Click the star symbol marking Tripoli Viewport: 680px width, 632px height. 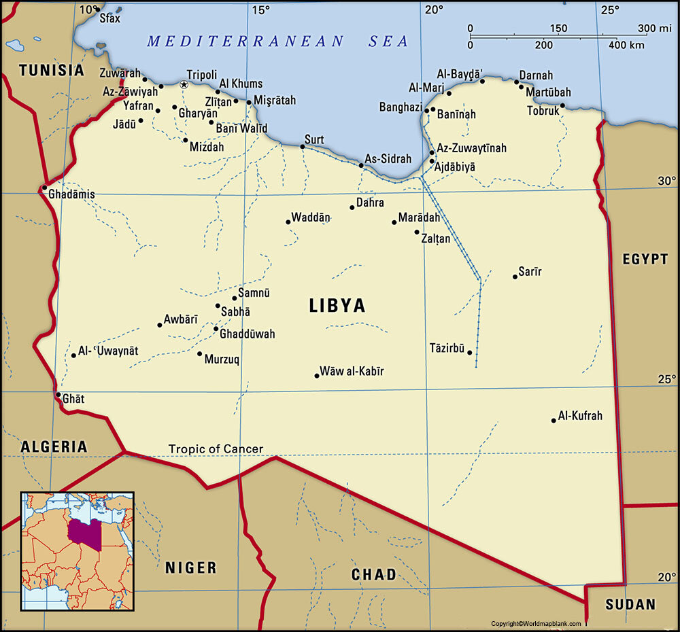(184, 84)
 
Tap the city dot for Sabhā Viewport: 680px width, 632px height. (218, 306)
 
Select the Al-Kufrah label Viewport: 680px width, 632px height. (580, 416)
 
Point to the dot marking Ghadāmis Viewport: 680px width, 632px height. (44, 188)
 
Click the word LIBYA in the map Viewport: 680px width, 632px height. (337, 306)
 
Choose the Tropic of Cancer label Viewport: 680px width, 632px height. (216, 449)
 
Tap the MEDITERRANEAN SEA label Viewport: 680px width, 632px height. (278, 41)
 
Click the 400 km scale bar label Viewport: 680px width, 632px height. (626, 45)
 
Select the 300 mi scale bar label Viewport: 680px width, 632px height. (655, 28)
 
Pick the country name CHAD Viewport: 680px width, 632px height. (373, 575)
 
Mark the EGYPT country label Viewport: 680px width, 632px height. (645, 259)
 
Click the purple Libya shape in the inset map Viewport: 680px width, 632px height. (85, 534)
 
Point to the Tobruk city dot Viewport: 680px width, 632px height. (563, 105)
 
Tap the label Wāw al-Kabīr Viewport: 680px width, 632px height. (352, 371)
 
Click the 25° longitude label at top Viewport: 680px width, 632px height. (610, 10)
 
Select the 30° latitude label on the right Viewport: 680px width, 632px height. (667, 181)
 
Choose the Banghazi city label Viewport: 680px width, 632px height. (401, 107)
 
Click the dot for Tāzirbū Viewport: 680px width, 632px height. (469, 353)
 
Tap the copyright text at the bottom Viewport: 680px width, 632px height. (537, 624)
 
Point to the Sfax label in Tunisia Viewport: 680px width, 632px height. (109, 18)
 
